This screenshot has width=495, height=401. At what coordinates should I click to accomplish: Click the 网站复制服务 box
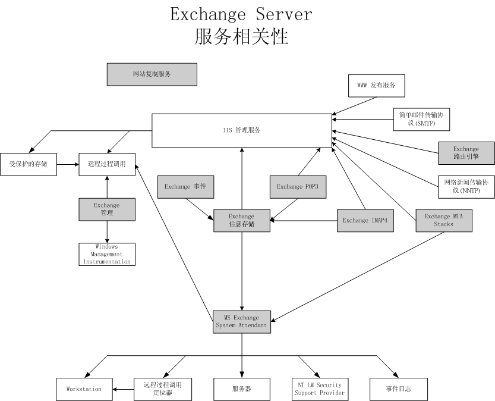coord(152,74)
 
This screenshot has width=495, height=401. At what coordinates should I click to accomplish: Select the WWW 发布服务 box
coord(376,86)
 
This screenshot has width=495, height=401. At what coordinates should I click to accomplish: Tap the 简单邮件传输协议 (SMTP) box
coord(421,119)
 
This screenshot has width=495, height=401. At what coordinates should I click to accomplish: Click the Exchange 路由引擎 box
coord(466,153)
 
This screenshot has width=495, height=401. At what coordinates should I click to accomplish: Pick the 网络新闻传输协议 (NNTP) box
coord(466,186)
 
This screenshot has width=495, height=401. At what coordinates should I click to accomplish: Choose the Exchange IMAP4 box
coord(365,220)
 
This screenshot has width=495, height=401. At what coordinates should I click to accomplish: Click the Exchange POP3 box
coord(298,186)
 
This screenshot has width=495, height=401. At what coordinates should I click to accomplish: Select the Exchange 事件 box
coord(185,186)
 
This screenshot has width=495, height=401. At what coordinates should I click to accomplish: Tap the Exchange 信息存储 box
coord(241,220)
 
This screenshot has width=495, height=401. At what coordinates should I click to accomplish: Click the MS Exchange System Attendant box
coord(241,321)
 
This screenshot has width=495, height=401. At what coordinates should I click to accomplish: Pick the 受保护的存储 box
coord(28,164)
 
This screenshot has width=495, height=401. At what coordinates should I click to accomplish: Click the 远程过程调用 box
coord(107,164)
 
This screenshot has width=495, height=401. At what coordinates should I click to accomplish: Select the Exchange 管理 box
coord(107,209)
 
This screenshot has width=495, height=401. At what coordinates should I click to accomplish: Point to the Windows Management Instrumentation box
coord(107,254)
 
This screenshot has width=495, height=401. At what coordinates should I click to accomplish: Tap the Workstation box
coord(84,389)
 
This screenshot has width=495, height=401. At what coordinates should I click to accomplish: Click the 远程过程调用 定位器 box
coord(157,389)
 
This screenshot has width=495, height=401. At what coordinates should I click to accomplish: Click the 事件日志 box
coord(398,389)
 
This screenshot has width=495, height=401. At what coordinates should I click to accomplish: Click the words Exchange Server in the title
coord(241,14)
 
